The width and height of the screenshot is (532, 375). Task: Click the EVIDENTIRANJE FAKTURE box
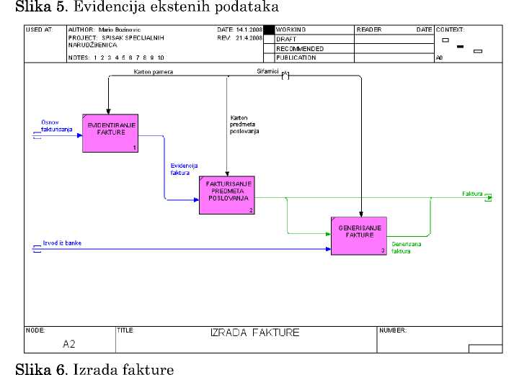[110, 132]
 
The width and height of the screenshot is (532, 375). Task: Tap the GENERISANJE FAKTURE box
[359, 235]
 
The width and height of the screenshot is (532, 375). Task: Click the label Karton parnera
[153, 72]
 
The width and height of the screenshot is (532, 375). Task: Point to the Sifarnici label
[267, 71]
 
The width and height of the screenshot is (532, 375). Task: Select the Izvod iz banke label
[62, 243]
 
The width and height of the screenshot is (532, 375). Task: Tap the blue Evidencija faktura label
[179, 170]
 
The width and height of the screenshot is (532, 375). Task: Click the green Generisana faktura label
[407, 248]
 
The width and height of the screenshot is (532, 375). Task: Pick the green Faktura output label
[472, 194]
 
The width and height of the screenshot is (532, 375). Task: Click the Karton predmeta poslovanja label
[244, 125]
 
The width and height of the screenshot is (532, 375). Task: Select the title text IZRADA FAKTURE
[254, 333]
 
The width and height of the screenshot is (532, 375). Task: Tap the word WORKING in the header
[291, 30]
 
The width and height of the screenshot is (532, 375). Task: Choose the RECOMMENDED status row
[300, 48]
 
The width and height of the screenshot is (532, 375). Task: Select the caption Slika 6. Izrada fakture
[99, 369]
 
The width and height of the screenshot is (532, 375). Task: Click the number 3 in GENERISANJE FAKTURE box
[383, 250]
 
